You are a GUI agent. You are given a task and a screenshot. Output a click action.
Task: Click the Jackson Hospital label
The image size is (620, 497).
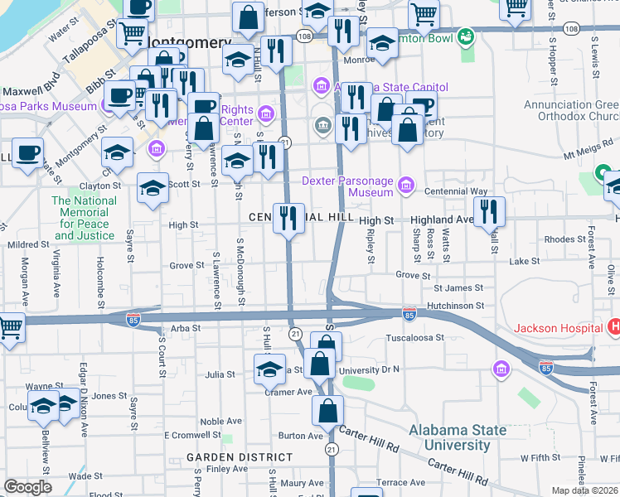[x=559, y=328]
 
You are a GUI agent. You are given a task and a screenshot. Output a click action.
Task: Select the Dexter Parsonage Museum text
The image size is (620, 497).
[x=346, y=186]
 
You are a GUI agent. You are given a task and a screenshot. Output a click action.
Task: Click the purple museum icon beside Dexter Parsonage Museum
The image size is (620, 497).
[x=405, y=184]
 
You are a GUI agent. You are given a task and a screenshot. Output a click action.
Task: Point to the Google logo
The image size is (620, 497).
[x=27, y=487]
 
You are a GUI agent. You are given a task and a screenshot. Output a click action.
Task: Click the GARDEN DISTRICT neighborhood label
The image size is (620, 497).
[x=240, y=457]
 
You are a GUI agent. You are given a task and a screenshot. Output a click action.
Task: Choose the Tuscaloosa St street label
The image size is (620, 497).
[x=415, y=338]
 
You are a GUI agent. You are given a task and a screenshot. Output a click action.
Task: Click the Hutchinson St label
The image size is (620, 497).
[x=455, y=306]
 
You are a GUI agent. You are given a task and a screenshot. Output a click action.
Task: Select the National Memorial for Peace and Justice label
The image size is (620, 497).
[x=84, y=218]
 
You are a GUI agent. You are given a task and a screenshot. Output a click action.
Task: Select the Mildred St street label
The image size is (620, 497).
[x=29, y=245]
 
